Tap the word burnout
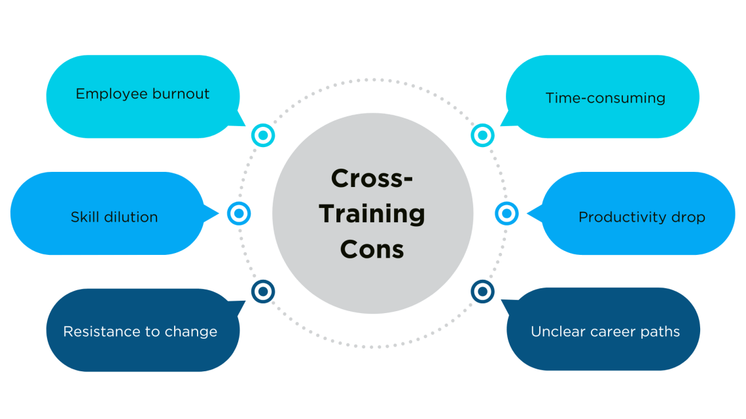(x=181, y=93)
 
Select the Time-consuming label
(x=605, y=98)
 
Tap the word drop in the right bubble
(x=686, y=217)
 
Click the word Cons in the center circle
(x=372, y=250)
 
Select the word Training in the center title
(x=372, y=214)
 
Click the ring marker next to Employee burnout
(x=263, y=135)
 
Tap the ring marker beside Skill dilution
(x=239, y=213)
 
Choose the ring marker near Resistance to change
(x=263, y=291)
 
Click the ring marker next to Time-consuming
(x=482, y=135)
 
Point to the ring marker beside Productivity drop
(x=506, y=213)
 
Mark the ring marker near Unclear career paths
(x=482, y=291)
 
